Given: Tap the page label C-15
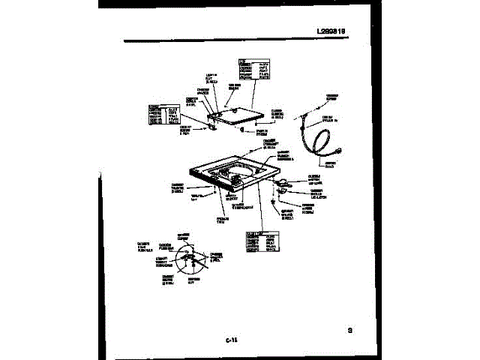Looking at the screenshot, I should click(232, 341).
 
